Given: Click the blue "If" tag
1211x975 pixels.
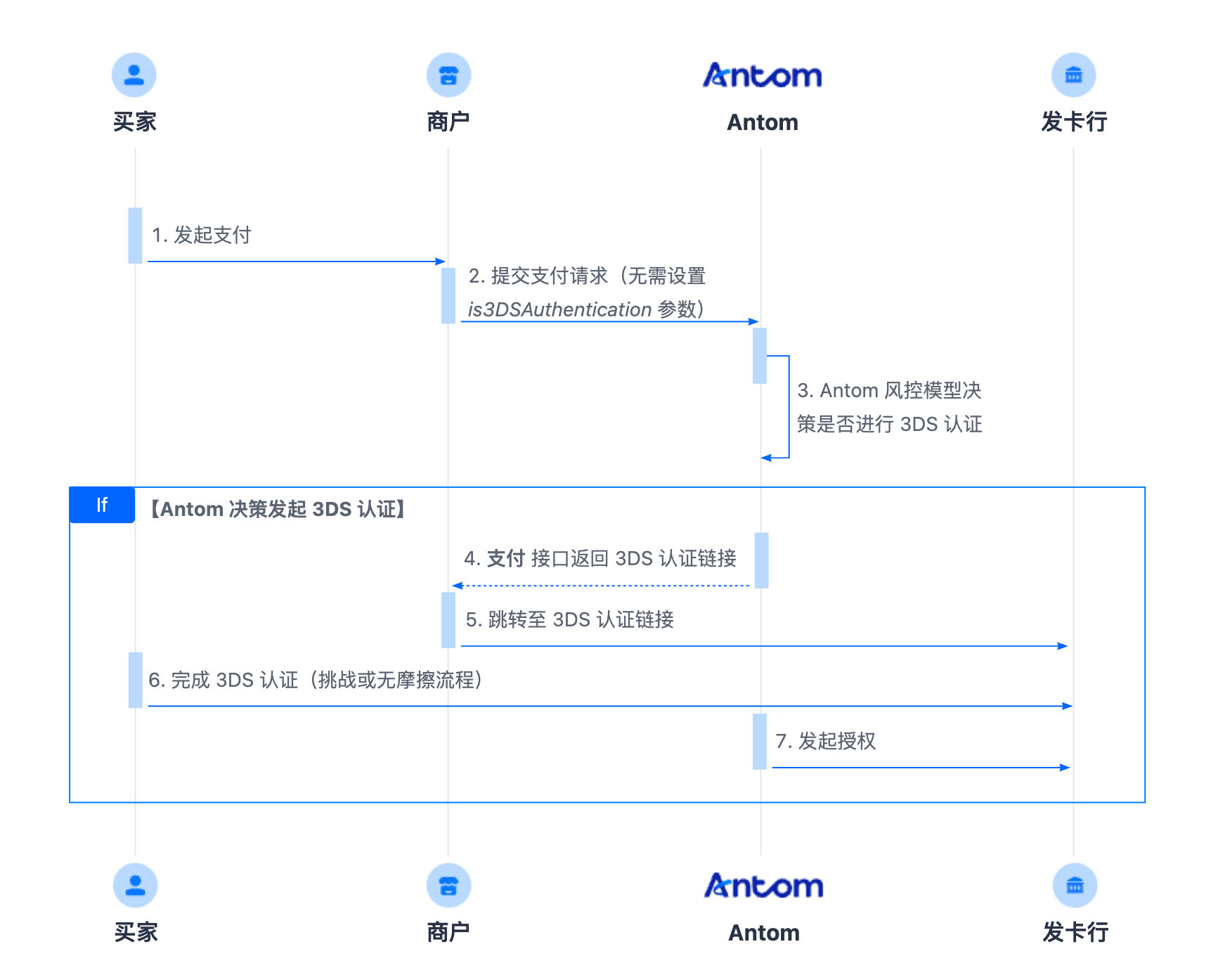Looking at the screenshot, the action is (x=102, y=505).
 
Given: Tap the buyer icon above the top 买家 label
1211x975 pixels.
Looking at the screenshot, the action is (x=134, y=75).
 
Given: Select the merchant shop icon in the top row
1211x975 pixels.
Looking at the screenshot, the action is (x=448, y=75).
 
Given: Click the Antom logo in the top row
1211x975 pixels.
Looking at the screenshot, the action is (x=763, y=75).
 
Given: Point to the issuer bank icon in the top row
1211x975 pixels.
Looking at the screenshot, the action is (x=1073, y=75).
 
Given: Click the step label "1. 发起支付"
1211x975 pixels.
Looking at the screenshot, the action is (x=202, y=235).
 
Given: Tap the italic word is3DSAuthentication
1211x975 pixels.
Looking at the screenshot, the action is (x=559, y=309).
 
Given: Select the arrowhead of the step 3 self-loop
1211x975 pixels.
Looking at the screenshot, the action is (x=766, y=458).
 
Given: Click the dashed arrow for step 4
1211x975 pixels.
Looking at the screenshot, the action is (x=601, y=586).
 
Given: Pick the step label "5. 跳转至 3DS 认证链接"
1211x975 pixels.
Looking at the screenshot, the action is (x=570, y=619).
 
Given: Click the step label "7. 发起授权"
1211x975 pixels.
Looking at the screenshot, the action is (x=826, y=741).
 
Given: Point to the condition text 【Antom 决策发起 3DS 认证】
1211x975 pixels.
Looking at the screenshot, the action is (x=278, y=509).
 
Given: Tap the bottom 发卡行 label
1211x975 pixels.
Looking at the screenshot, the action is (x=1075, y=932).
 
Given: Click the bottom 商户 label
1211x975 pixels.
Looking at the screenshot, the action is (x=448, y=932).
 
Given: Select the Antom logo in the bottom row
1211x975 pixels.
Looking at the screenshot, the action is (x=764, y=886).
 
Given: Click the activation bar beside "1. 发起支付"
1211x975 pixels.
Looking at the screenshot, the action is (x=136, y=235).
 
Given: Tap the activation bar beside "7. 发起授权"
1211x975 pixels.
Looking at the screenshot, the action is (x=760, y=742).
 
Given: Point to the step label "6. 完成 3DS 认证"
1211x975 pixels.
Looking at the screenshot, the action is (x=224, y=680).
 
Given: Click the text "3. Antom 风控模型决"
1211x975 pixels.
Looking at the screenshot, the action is (x=889, y=390).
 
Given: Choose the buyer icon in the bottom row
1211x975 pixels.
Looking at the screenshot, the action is (x=136, y=886).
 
